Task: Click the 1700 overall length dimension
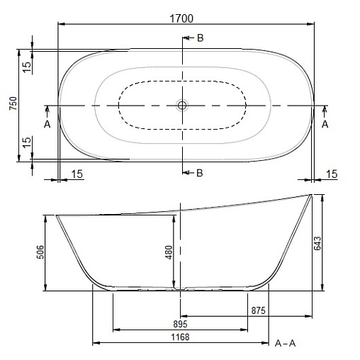(x=181, y=18)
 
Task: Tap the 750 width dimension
(x=13, y=103)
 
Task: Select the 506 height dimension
(x=40, y=252)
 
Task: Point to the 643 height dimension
(x=317, y=243)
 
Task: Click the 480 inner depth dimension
(x=169, y=252)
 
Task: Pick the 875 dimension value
(x=258, y=310)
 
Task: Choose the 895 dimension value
(x=180, y=324)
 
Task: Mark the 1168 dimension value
(x=180, y=337)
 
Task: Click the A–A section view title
(x=286, y=343)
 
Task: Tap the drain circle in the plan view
(x=182, y=105)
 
